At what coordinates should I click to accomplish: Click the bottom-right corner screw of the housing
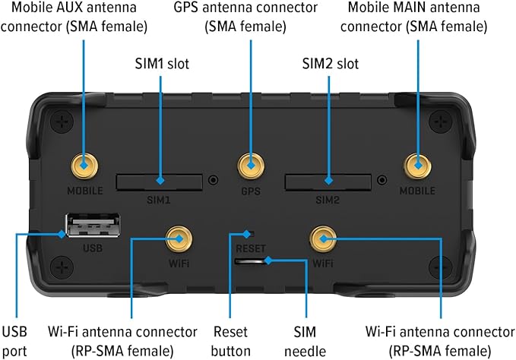[438, 265]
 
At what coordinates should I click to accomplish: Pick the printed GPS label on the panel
[250, 191]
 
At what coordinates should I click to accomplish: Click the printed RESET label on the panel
[250, 248]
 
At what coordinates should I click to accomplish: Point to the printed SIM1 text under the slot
[160, 202]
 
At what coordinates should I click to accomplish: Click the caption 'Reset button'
[230, 340]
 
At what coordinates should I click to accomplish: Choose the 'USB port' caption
[15, 340]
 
